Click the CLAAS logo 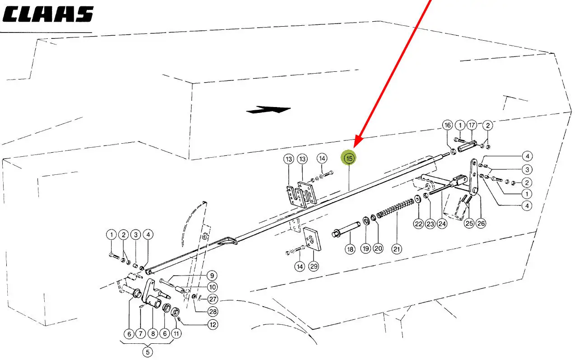pyautogui.click(x=48, y=14)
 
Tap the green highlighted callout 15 pyautogui.click(x=348, y=158)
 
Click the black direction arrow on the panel pyautogui.click(x=268, y=110)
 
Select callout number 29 pyautogui.click(x=313, y=266)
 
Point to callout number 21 pyautogui.click(x=397, y=249)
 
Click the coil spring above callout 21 pyautogui.click(x=395, y=208)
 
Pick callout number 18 pyautogui.click(x=350, y=249)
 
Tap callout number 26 pyautogui.click(x=481, y=223)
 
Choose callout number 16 pyautogui.click(x=448, y=125)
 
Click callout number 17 pyautogui.click(x=472, y=125)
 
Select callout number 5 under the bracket pyautogui.click(x=147, y=352)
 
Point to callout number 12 pyautogui.click(x=213, y=325)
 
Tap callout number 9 pyautogui.click(x=212, y=276)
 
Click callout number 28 pyautogui.click(x=213, y=312)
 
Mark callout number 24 pyautogui.click(x=442, y=224)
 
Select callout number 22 pyautogui.click(x=418, y=224)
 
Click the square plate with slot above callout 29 pyautogui.click(x=312, y=239)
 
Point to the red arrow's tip pyautogui.click(x=354, y=148)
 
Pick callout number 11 pyautogui.click(x=176, y=333)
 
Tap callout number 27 pyautogui.click(x=213, y=299)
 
